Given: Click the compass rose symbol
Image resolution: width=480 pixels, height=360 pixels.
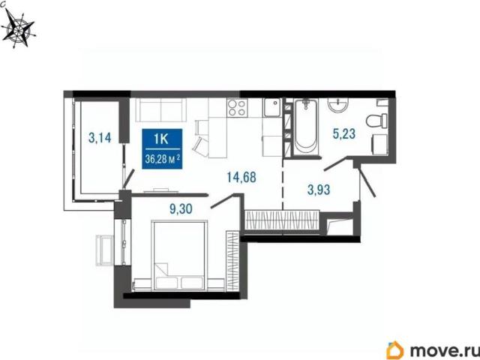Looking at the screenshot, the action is point(19,30).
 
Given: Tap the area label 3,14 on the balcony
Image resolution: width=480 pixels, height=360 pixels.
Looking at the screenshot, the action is point(100,138).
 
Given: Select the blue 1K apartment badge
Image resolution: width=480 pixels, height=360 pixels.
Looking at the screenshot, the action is point(162,149).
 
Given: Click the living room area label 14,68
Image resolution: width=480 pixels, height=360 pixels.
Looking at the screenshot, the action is point(241,177).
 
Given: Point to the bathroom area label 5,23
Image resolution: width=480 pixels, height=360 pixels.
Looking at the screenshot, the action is point(344,133).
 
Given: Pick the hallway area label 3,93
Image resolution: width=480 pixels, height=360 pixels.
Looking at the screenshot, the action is point(319,190).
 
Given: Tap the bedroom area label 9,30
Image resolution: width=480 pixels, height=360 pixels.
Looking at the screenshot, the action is point(181,209).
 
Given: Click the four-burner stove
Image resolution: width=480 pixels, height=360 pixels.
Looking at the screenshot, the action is point(237,108).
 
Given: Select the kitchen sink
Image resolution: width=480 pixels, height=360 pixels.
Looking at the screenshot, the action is point(271,108).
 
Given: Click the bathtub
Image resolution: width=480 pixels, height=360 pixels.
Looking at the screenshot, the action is point(306,126).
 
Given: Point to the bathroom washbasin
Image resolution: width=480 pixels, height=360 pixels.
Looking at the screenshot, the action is point(338,105).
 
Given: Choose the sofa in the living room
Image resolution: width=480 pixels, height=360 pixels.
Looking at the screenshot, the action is point(161,110).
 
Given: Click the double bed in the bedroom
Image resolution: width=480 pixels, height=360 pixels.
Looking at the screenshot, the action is point(179,255).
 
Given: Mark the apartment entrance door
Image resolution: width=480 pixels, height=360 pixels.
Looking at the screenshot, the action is point(366,181).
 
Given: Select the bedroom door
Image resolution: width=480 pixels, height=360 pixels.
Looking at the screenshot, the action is point(223,201).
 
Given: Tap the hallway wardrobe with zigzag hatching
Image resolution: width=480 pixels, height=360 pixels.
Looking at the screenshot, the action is point(283,219).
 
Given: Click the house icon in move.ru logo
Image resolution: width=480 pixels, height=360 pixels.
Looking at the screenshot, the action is point(395,350).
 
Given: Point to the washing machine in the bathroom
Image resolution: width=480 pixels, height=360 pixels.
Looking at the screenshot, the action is point(380,145).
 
